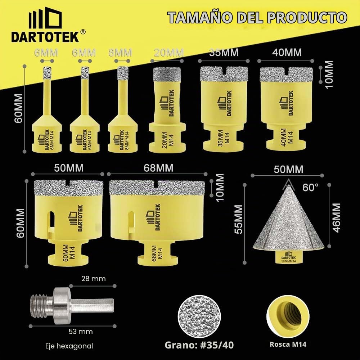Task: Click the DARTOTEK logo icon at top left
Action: (x=45, y=17)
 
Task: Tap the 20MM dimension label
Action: (x=169, y=53)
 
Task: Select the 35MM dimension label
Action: (x=224, y=53)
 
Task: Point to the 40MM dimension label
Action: (x=287, y=53)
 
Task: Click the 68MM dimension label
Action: (x=158, y=168)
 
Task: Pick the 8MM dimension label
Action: (x=120, y=53)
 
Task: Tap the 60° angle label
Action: (x=310, y=188)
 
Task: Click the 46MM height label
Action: (x=336, y=218)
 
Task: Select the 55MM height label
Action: (x=239, y=219)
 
